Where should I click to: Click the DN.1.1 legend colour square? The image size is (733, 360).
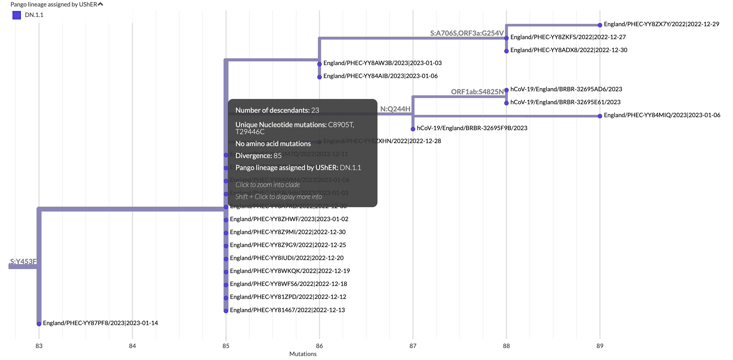(17, 15)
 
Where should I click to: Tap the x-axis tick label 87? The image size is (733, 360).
(413, 346)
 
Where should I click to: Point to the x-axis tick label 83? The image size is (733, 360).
(39, 346)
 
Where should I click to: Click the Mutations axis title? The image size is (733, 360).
(303, 354)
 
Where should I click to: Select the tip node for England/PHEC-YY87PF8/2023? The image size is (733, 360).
(39, 324)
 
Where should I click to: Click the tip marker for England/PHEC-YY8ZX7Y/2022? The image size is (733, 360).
(600, 25)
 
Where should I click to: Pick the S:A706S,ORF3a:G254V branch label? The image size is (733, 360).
(467, 33)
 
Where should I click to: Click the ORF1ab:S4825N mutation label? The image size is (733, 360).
(477, 92)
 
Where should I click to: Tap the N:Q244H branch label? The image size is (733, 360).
(395, 109)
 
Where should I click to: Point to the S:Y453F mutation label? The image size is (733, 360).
(23, 262)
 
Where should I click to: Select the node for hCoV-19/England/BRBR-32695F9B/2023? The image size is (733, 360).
(413, 129)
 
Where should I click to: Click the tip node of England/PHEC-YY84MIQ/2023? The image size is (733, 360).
(600, 116)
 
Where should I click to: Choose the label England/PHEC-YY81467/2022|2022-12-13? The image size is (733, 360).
(287, 310)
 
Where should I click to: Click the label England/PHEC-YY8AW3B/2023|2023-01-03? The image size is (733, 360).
(382, 63)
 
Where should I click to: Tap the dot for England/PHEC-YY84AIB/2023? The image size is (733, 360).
(320, 77)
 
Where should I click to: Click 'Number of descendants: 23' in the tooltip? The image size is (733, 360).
(277, 110)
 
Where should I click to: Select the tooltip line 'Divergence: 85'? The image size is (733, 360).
(258, 156)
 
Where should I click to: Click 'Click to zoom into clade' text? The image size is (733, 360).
(268, 185)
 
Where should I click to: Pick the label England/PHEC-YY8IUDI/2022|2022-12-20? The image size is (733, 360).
(287, 258)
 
